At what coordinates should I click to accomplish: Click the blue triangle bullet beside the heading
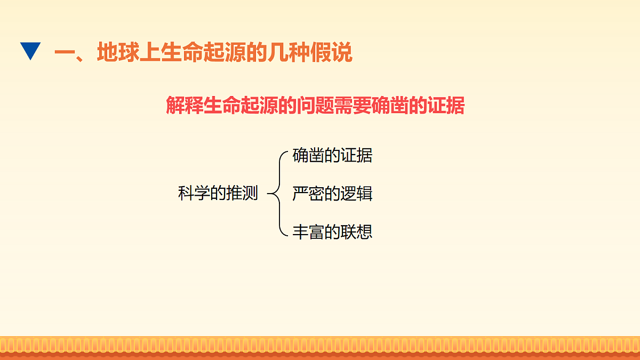tap(30, 51)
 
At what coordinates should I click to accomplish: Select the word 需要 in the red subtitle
tap(349, 106)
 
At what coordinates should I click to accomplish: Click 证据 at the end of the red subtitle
tap(448, 106)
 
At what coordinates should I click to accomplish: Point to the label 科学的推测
tap(218, 193)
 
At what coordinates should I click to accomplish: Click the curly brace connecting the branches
tap(276, 193)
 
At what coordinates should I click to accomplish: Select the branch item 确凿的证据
tap(332, 156)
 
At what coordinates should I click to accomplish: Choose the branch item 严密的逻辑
tap(332, 193)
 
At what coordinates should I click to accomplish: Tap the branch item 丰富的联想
tap(332, 231)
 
